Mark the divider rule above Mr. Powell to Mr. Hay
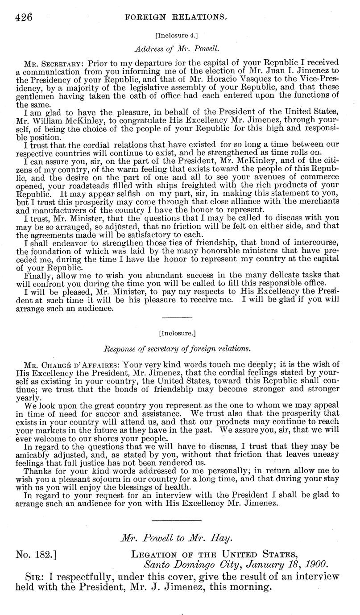pyautogui.click(x=177, y=520)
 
